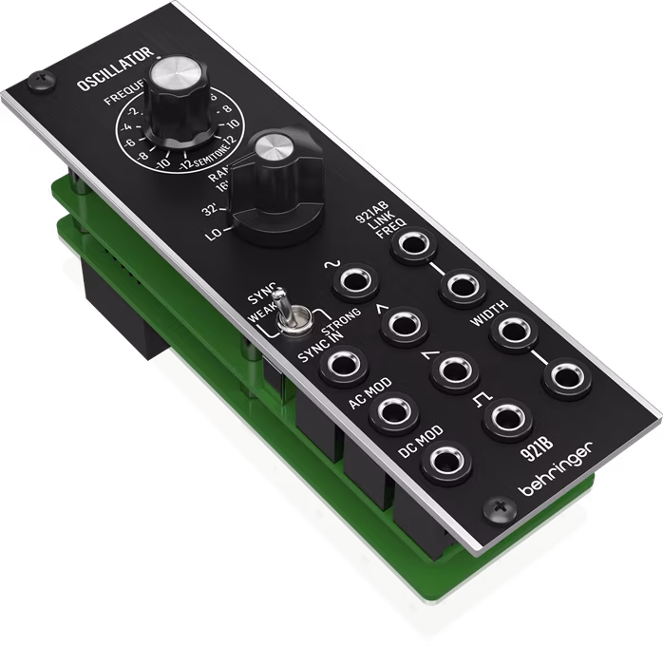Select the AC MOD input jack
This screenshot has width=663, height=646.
click(389, 409)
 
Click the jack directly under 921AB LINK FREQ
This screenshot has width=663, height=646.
click(414, 243)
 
